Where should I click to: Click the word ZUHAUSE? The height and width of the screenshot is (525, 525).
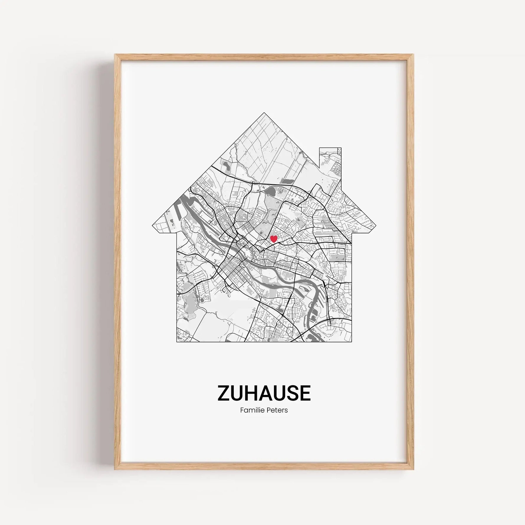264,393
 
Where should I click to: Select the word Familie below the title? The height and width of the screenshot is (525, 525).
251,410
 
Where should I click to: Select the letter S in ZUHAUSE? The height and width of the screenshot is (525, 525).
292,393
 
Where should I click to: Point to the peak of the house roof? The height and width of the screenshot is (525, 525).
264,113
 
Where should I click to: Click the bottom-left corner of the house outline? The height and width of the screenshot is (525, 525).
177,342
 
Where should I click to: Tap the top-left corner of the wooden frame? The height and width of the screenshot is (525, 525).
115,55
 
